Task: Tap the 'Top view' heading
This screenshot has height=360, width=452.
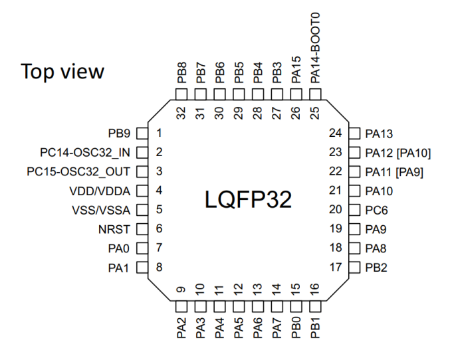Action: (x=62, y=71)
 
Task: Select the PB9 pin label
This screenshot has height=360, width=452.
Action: (x=119, y=134)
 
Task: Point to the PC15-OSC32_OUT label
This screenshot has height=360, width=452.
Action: (x=80, y=172)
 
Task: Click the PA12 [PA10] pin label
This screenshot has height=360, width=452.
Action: (x=398, y=153)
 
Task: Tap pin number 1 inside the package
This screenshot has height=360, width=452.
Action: (x=160, y=134)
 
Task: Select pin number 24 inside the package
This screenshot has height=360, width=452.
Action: (x=335, y=134)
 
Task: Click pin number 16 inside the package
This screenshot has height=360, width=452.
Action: (x=315, y=290)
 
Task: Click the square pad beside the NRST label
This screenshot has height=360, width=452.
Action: (x=141, y=230)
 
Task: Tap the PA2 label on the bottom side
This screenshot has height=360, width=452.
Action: (x=181, y=328)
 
